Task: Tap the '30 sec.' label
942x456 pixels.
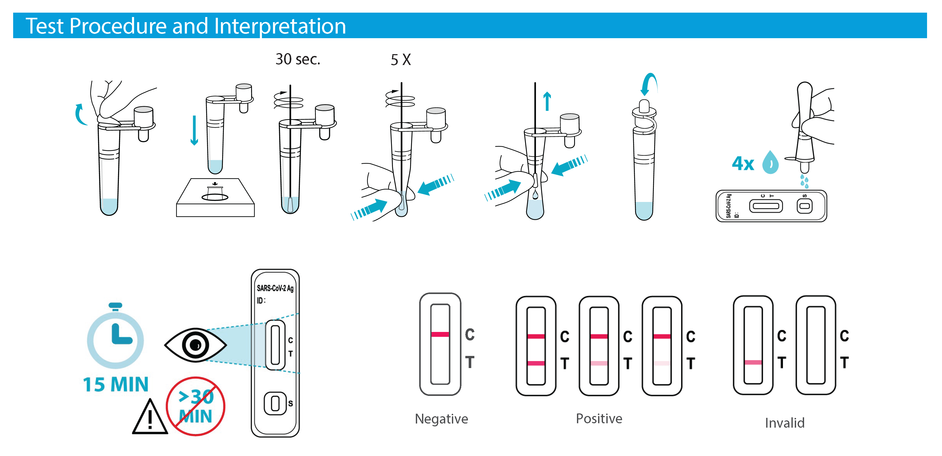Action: (x=298, y=59)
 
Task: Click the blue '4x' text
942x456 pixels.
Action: (x=743, y=164)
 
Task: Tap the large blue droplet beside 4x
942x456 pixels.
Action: (x=771, y=162)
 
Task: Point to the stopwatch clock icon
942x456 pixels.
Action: (x=115, y=339)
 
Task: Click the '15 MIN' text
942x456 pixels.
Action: (x=115, y=385)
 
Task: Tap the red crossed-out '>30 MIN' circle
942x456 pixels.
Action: (x=196, y=406)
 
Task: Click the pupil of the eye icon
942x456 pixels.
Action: (x=196, y=345)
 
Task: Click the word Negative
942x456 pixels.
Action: (x=441, y=419)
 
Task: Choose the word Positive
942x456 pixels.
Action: (x=599, y=418)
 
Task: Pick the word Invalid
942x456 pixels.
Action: (x=785, y=423)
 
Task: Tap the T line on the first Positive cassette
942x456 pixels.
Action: (x=536, y=363)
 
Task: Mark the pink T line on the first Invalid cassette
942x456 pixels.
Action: (x=753, y=362)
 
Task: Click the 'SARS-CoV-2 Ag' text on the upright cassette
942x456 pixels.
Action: (x=275, y=288)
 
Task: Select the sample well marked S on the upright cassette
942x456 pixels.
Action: (x=275, y=404)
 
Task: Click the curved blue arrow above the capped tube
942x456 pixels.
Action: (x=648, y=84)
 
